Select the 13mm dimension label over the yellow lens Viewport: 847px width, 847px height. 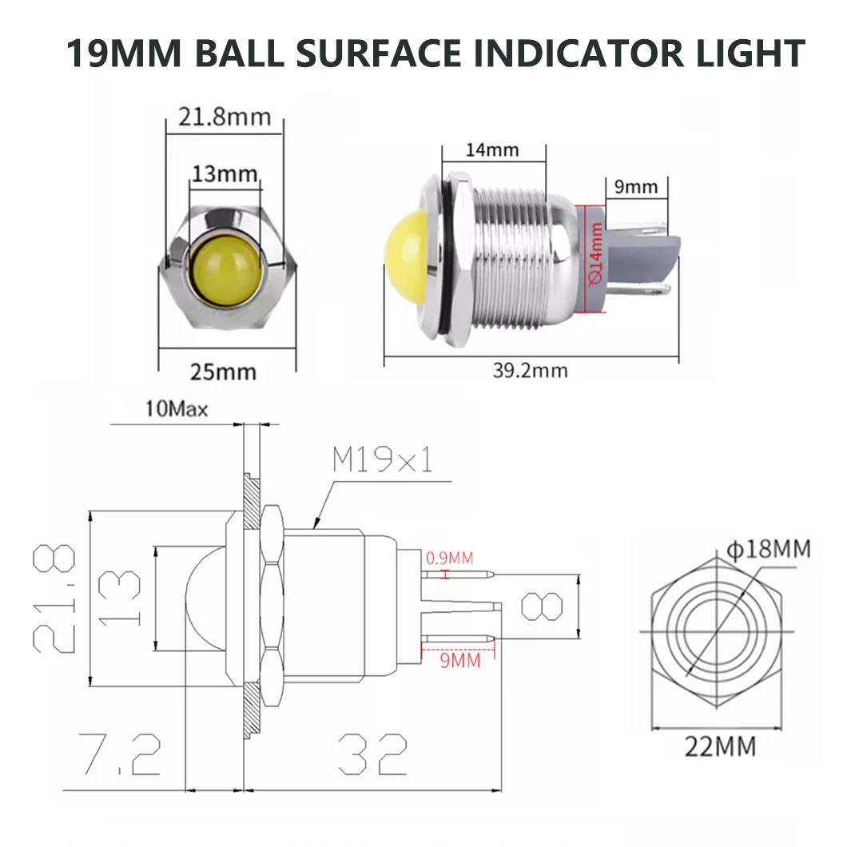click(x=225, y=174)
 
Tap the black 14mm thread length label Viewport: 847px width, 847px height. click(x=493, y=149)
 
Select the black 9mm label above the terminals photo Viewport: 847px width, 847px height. click(x=636, y=187)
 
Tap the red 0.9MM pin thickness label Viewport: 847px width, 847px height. click(x=449, y=558)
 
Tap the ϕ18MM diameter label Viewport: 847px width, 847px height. click(x=769, y=550)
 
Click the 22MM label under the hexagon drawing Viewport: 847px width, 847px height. click(x=719, y=747)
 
